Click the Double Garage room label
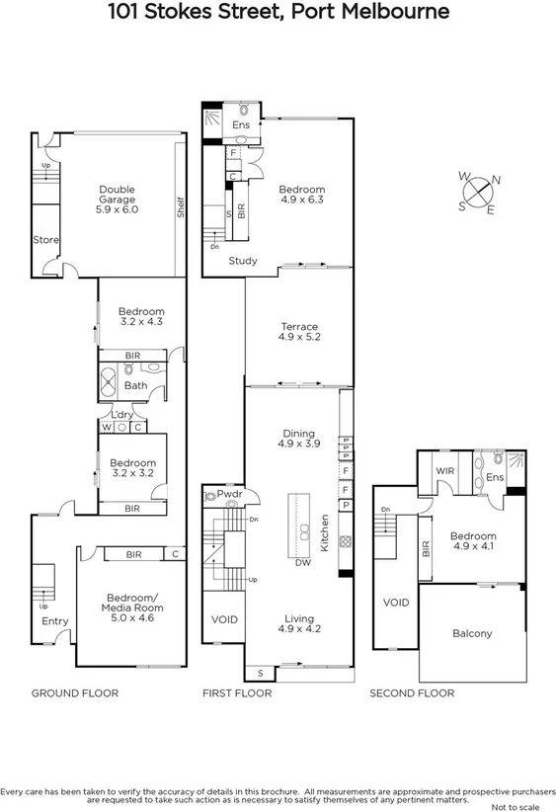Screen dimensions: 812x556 pyautogui.click(x=117, y=199)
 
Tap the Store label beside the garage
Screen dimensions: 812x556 pyautogui.click(x=45, y=240)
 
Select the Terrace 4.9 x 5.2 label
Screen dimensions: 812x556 pyautogui.click(x=297, y=331)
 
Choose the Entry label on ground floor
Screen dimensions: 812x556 pyautogui.click(x=54, y=620)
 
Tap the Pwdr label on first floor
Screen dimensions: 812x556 pyautogui.click(x=230, y=493)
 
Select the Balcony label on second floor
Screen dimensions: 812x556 pyautogui.click(x=471, y=633)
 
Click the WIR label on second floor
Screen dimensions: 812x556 pyautogui.click(x=445, y=472)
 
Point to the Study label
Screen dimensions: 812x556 pyautogui.click(x=243, y=261)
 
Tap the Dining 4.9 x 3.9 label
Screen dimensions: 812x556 pyautogui.click(x=297, y=439)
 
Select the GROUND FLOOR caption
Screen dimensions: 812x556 pyautogui.click(x=75, y=693)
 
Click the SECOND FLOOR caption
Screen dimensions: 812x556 pyautogui.click(x=412, y=693)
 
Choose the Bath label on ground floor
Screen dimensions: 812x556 pyautogui.click(x=135, y=386)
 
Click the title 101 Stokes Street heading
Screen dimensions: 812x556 pyautogui.click(x=278, y=13)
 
